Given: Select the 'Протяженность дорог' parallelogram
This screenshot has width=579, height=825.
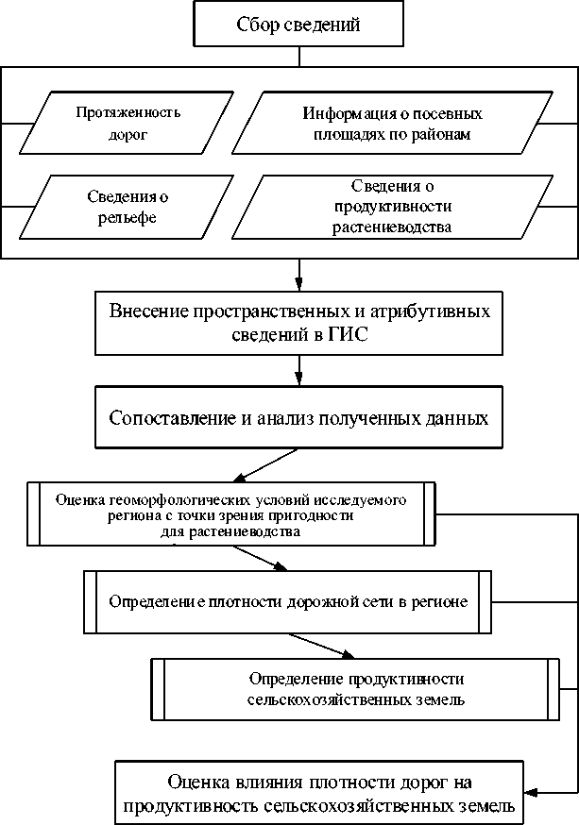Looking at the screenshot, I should (x=128, y=123).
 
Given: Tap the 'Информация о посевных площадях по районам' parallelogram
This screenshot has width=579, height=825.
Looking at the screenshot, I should (x=392, y=123).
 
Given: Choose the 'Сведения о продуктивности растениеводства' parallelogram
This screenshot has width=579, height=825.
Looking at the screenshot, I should (x=392, y=206).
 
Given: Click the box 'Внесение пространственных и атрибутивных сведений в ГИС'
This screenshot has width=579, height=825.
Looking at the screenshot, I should (x=299, y=322).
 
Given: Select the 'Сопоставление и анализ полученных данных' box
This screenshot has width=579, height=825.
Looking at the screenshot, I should (x=299, y=417).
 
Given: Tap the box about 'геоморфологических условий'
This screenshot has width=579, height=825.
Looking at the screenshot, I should (x=231, y=514).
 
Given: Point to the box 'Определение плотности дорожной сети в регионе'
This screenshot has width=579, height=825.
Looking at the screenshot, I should (x=287, y=600).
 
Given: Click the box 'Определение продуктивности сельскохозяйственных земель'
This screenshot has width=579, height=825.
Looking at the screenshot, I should (x=354, y=690).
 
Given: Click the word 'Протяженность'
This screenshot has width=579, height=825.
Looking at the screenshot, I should (x=128, y=112).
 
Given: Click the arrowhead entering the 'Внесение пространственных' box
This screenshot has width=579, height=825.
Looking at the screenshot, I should (x=299, y=285).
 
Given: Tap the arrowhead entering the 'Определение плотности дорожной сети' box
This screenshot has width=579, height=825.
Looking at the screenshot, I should (x=281, y=567).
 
